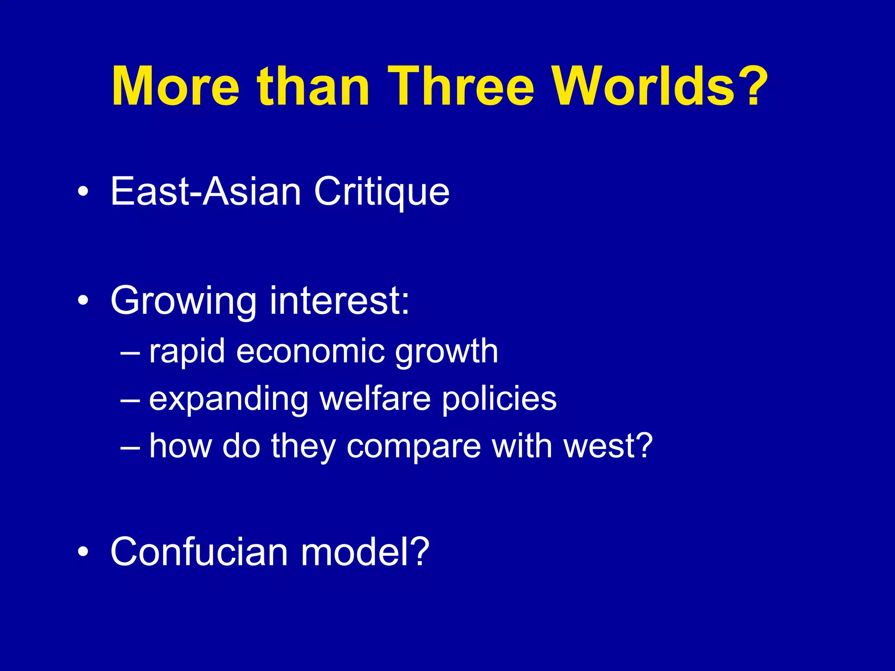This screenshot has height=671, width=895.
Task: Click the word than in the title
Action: click(x=313, y=86)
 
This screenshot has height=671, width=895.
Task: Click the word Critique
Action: click(x=382, y=192)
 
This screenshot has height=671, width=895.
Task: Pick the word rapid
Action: click(x=187, y=352)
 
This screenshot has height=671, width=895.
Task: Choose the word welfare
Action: click(x=375, y=398)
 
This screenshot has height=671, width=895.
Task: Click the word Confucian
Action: click(x=199, y=552)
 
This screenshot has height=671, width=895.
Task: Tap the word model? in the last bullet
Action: click(x=365, y=552)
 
